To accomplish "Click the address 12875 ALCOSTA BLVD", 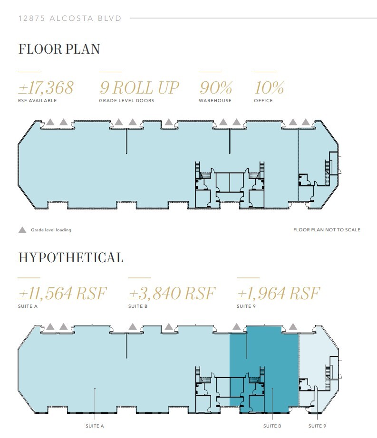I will tap(70, 19).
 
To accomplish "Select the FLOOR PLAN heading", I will tap(59, 49).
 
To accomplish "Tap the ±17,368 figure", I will tap(46, 88).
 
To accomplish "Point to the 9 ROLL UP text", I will tap(139, 88).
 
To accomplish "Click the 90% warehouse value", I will tap(215, 88).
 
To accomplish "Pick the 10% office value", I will tap(269, 88).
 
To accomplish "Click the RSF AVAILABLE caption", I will tap(38, 101).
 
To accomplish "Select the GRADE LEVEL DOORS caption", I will tap(126, 101).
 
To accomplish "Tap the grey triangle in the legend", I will tap(22, 230).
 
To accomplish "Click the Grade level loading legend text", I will tap(51, 230).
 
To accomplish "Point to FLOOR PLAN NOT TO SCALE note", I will tap(327, 230).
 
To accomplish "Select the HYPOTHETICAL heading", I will tap(71, 257).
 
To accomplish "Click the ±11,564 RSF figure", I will tap(62, 293).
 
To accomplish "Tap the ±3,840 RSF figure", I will tap(172, 293).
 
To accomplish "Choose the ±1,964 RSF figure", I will tap(278, 293).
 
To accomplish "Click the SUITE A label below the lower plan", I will tap(95, 426).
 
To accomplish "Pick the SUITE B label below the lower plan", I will tap(272, 426).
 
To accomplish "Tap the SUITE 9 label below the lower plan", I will tap(317, 426).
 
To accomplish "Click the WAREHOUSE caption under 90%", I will tap(215, 101).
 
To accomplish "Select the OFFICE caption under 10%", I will tap(263, 101).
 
